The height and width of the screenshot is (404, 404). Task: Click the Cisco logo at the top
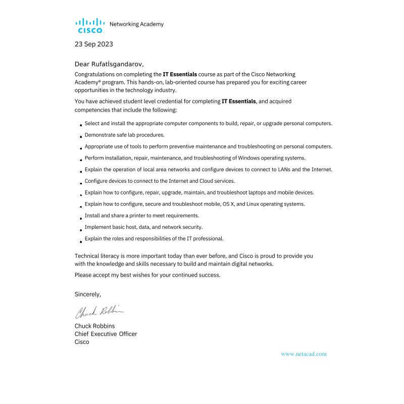pyautogui.click(x=90, y=25)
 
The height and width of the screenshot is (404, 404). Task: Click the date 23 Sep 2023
pyautogui.click(x=94, y=44)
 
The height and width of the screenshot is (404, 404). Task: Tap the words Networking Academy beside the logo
pyautogui.click(x=136, y=24)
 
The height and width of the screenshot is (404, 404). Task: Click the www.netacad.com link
pyautogui.click(x=304, y=354)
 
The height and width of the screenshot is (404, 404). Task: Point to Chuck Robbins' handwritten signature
pyautogui.click(x=99, y=311)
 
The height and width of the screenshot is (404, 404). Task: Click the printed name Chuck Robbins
pyautogui.click(x=94, y=326)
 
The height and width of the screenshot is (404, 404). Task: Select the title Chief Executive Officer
pyautogui.click(x=106, y=334)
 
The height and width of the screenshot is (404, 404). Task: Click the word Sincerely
pyautogui.click(x=88, y=294)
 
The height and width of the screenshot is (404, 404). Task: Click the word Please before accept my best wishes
pyautogui.click(x=83, y=275)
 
